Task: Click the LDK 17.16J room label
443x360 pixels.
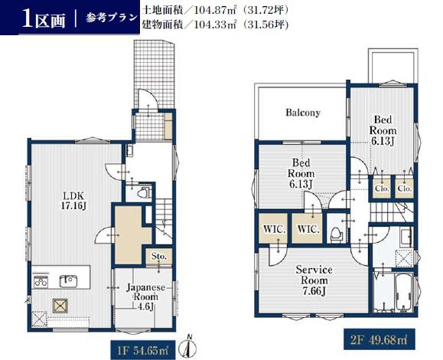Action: coord(73,201)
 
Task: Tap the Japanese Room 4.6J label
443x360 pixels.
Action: coord(145,297)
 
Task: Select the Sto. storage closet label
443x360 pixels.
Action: coord(158,257)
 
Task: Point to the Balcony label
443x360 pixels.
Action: coord(303,113)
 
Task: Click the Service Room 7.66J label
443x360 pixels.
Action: coord(314,280)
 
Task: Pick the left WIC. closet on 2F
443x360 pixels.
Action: coord(275,229)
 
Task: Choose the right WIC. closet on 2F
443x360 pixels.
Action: coord(308,229)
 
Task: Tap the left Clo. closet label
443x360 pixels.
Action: coord(382,188)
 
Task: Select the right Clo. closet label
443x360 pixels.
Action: coord(404,188)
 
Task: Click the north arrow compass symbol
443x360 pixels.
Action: coord(189,348)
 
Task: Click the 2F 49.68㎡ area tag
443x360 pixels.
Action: coord(379,339)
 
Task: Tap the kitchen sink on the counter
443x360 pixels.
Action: coord(67,281)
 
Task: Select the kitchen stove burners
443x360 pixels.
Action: coord(41,282)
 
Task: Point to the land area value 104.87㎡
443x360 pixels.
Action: coord(215,11)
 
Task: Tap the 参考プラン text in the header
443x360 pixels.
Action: coord(111,18)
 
